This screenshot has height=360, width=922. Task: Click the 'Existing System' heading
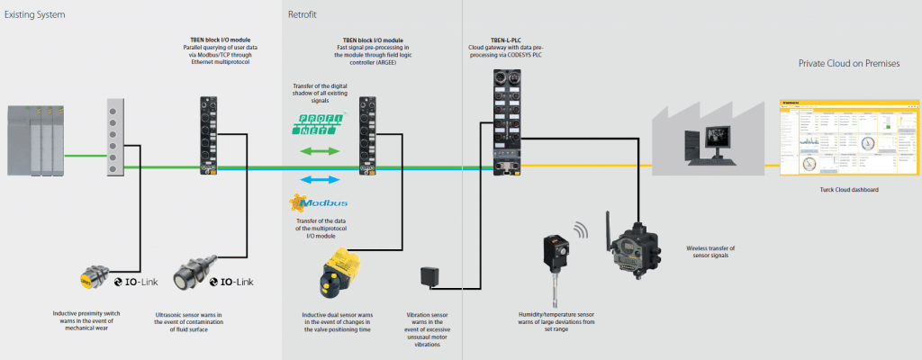pos(35,15)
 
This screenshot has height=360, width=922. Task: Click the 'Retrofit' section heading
pos(302,15)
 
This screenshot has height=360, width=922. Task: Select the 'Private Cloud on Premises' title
pos(856,64)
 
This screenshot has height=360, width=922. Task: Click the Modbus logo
pos(314,203)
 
